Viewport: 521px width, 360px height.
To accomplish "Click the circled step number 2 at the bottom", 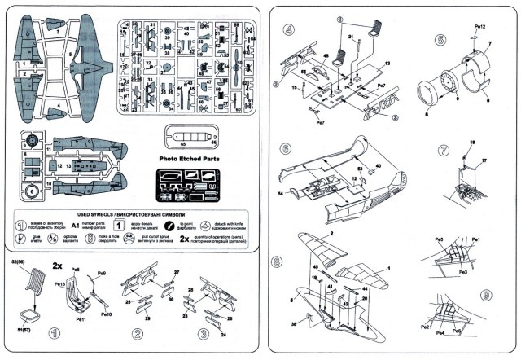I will tap(138, 334).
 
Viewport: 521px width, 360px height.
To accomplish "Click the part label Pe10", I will tap(106, 314).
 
